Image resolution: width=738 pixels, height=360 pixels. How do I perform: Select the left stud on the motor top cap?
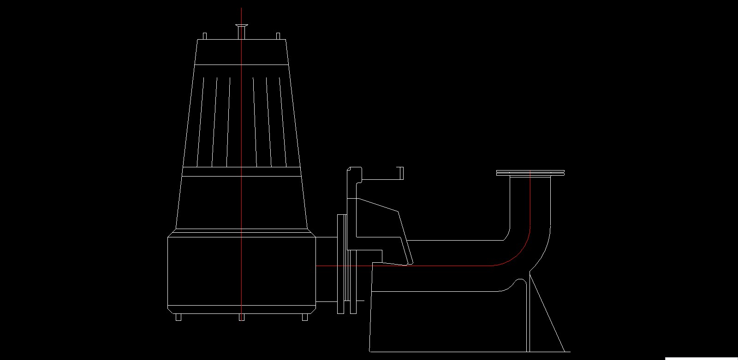click(205, 36)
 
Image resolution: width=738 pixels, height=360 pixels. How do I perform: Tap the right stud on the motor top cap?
click(278, 36)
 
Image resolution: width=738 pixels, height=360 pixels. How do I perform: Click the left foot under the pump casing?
click(179, 317)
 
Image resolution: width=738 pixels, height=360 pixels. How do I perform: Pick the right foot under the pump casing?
click(304, 317)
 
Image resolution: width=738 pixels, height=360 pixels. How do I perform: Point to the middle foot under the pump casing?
click(241, 317)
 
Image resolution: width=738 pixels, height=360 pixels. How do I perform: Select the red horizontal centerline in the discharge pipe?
click(438, 266)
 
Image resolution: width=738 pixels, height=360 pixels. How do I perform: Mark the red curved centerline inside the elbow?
click(521, 249)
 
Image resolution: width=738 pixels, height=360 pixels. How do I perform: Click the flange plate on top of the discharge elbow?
click(530, 173)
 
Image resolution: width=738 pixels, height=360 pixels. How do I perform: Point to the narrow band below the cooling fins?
click(241, 172)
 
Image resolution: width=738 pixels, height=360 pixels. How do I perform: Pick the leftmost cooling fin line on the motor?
click(201, 122)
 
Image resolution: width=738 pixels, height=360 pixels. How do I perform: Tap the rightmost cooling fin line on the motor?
click(282, 122)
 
